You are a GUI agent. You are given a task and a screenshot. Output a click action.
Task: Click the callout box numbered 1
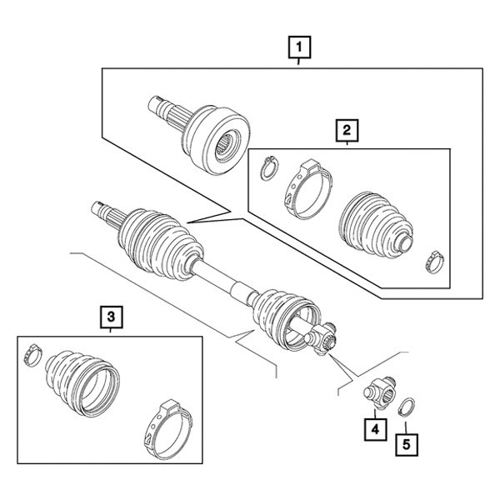coord(300,47)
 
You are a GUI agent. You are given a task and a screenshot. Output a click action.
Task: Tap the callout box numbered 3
coord(111,316)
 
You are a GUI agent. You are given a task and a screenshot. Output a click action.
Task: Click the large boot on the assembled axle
coord(158,246)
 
